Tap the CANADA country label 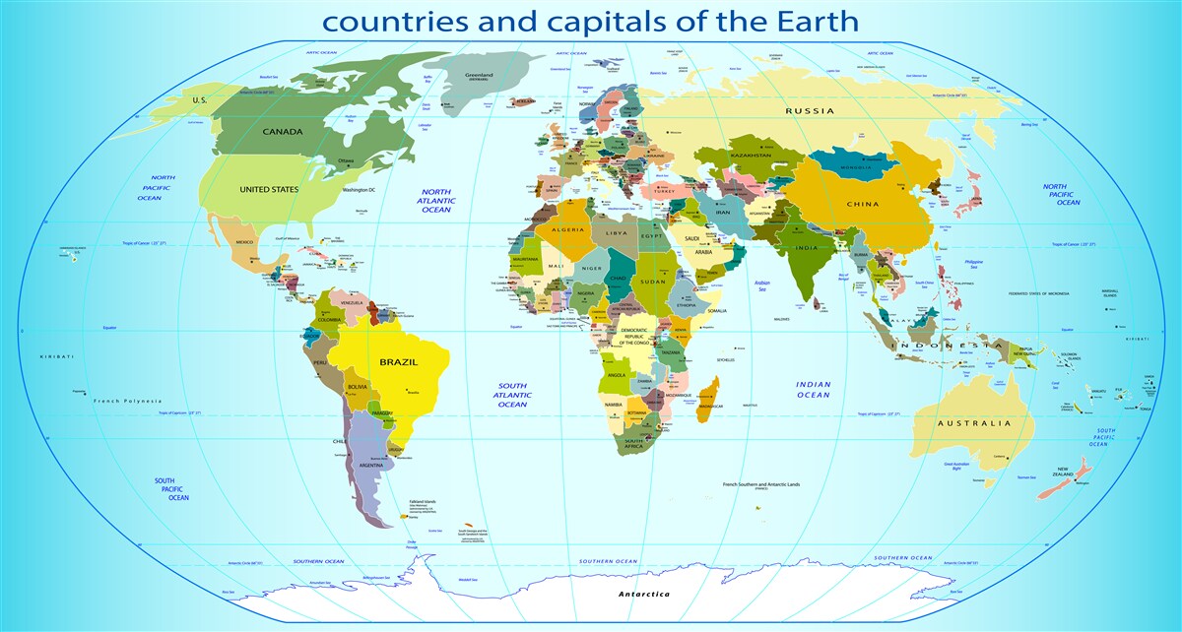(x=283, y=131)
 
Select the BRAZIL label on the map (x=399, y=362)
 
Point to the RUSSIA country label (x=810, y=111)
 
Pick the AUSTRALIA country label (x=974, y=423)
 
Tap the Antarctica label (x=643, y=594)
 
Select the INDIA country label (x=807, y=248)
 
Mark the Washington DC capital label (x=359, y=189)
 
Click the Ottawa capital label (x=345, y=160)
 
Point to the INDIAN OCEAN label (x=814, y=390)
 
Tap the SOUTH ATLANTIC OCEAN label (x=512, y=395)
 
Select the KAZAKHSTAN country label (x=751, y=156)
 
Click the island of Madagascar (x=706, y=399)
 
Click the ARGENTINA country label (x=371, y=465)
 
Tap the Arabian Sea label (x=761, y=285)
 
